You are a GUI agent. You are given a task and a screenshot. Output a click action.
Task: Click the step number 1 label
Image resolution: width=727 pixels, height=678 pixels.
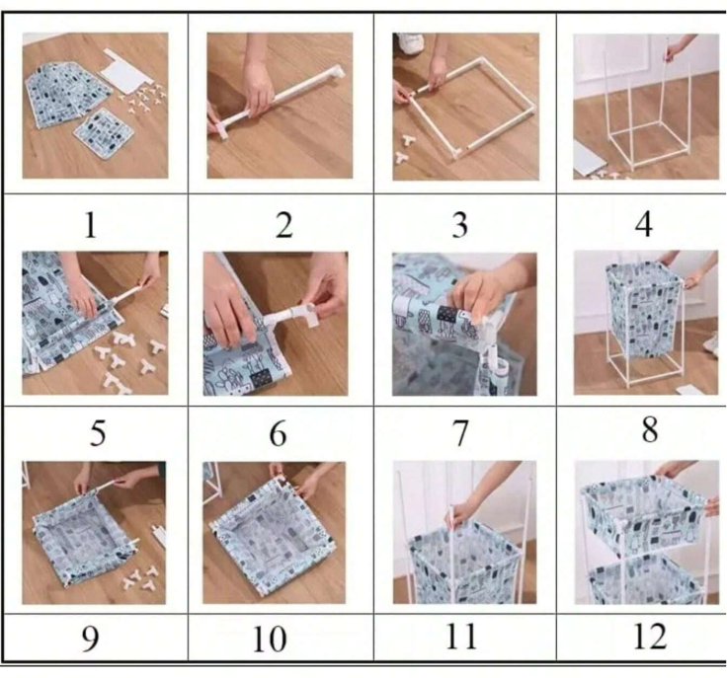pyautogui.click(x=90, y=225)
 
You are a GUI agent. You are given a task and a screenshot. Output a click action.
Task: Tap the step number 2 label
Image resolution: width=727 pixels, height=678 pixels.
pyautogui.click(x=283, y=225)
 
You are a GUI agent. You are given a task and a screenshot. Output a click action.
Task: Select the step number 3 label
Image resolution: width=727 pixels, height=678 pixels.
pyautogui.click(x=459, y=225)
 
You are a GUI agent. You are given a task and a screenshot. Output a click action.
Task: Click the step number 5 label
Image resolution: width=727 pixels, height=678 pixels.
pyautogui.click(x=89, y=432)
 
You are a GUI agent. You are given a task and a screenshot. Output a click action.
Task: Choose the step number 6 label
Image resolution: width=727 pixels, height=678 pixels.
pyautogui.click(x=283, y=432)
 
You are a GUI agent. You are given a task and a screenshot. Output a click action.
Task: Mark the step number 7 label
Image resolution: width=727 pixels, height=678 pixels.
pyautogui.click(x=459, y=431)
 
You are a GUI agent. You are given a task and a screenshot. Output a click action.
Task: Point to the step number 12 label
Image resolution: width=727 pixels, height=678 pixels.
pyautogui.click(x=648, y=637)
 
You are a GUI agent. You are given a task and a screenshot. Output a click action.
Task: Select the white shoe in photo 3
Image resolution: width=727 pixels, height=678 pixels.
pyautogui.click(x=410, y=42)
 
